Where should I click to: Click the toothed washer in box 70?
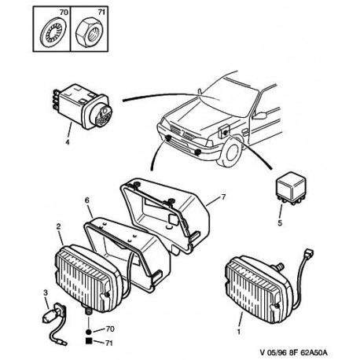click(53, 32)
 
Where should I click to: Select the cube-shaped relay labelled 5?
click(292, 188)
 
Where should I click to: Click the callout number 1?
click(239, 332)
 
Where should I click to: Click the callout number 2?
click(58, 226)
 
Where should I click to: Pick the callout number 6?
click(87, 200)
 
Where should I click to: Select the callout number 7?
click(223, 197)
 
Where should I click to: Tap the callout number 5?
click(280, 223)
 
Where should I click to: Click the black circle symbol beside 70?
click(89, 332)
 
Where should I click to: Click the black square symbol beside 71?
click(89, 341)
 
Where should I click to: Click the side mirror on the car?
click(260, 115)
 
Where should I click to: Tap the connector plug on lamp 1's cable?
click(309, 253)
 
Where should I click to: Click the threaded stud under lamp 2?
click(88, 312)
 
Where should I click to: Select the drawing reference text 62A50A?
click(315, 352)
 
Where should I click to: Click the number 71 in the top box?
click(101, 13)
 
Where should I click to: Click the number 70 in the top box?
click(64, 13)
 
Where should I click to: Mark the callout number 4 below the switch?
click(68, 142)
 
